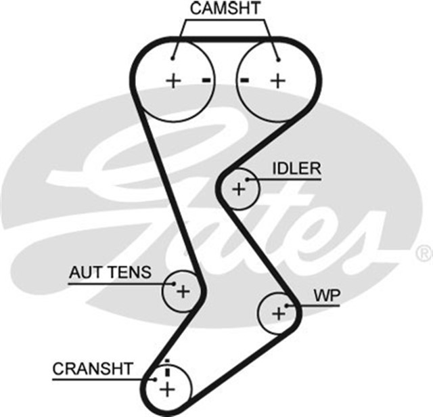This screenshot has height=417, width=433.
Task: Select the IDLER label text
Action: click(x=296, y=169)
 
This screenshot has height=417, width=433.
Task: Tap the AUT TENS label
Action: click(x=110, y=273)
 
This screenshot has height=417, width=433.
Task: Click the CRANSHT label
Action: click(x=93, y=369)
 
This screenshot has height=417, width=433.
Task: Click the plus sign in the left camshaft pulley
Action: click(x=174, y=81)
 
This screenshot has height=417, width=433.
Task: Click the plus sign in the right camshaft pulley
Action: click(x=277, y=81)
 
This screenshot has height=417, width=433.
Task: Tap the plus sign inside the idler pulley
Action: click(x=238, y=189)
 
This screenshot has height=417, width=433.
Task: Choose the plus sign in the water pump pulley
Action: click(x=278, y=313)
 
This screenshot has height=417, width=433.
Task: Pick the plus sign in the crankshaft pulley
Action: click(x=166, y=389)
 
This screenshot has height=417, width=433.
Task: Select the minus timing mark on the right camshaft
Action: click(x=245, y=81)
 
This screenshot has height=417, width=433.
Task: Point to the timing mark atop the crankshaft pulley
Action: click(x=166, y=362)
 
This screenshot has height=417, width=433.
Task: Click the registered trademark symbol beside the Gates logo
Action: click(x=424, y=254)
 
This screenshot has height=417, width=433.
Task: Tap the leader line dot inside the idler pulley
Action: click(x=248, y=179)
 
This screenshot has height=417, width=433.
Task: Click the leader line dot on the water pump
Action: click(x=288, y=306)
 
